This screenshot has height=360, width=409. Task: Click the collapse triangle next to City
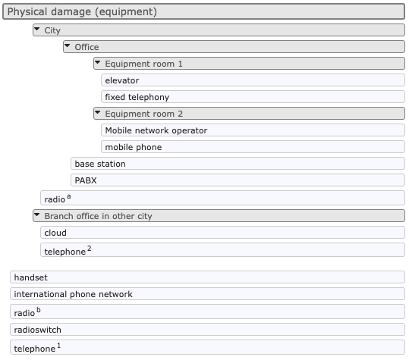pyautogui.click(x=37, y=29)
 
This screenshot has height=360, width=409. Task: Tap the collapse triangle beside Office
pyautogui.click(x=68, y=45)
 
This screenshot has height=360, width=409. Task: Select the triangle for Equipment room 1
pyautogui.click(x=98, y=62)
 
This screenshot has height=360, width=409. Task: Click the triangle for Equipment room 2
pyautogui.click(x=98, y=112)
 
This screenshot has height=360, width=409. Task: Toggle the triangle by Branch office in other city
pyautogui.click(x=37, y=214)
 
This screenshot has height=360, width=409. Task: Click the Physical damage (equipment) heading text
pyautogui.click(x=82, y=11)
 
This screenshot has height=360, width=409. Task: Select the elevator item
pyautogui.click(x=122, y=80)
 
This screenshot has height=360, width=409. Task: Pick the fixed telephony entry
pyautogui.click(x=137, y=97)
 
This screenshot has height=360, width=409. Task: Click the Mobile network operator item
pyautogui.click(x=156, y=130)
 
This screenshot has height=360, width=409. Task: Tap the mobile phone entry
pyautogui.click(x=134, y=147)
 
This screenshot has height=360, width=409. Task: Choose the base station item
pyautogui.click(x=100, y=164)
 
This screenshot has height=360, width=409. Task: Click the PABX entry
pyautogui.click(x=86, y=180)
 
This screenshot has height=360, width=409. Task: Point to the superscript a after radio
pyautogui.click(x=69, y=196)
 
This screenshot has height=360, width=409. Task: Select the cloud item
pyautogui.click(x=55, y=233)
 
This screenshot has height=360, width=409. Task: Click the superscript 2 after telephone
pyautogui.click(x=90, y=249)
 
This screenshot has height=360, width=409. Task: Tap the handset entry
pyautogui.click(x=31, y=277)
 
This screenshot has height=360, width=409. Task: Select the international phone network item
pyautogui.click(x=74, y=294)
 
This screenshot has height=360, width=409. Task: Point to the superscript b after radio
pyautogui.click(x=39, y=310)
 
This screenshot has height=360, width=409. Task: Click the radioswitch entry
pyautogui.click(x=38, y=330)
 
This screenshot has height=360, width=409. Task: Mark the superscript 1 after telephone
pyautogui.click(x=59, y=346)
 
